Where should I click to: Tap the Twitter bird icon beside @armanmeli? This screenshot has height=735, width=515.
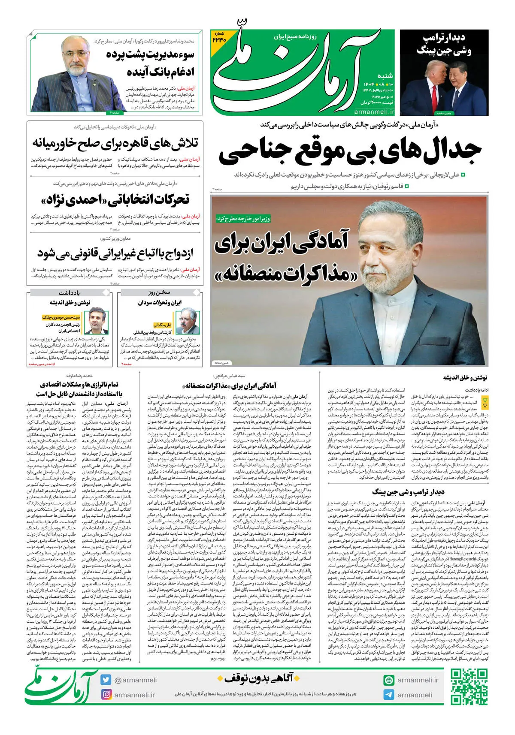point(106,680)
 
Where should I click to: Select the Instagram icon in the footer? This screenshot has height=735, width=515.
point(106,694)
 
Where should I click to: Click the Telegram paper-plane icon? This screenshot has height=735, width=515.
point(389,695)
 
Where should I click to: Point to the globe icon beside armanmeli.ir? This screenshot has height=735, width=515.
point(389,680)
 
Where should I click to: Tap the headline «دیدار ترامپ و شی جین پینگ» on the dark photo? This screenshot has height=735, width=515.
point(444,44)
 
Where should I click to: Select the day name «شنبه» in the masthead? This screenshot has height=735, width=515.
point(385,75)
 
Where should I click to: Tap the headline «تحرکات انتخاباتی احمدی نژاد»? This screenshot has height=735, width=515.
point(115,199)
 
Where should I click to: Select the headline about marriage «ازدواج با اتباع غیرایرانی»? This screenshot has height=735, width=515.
point(115,253)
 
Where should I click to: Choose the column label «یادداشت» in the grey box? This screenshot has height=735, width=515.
point(70,292)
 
